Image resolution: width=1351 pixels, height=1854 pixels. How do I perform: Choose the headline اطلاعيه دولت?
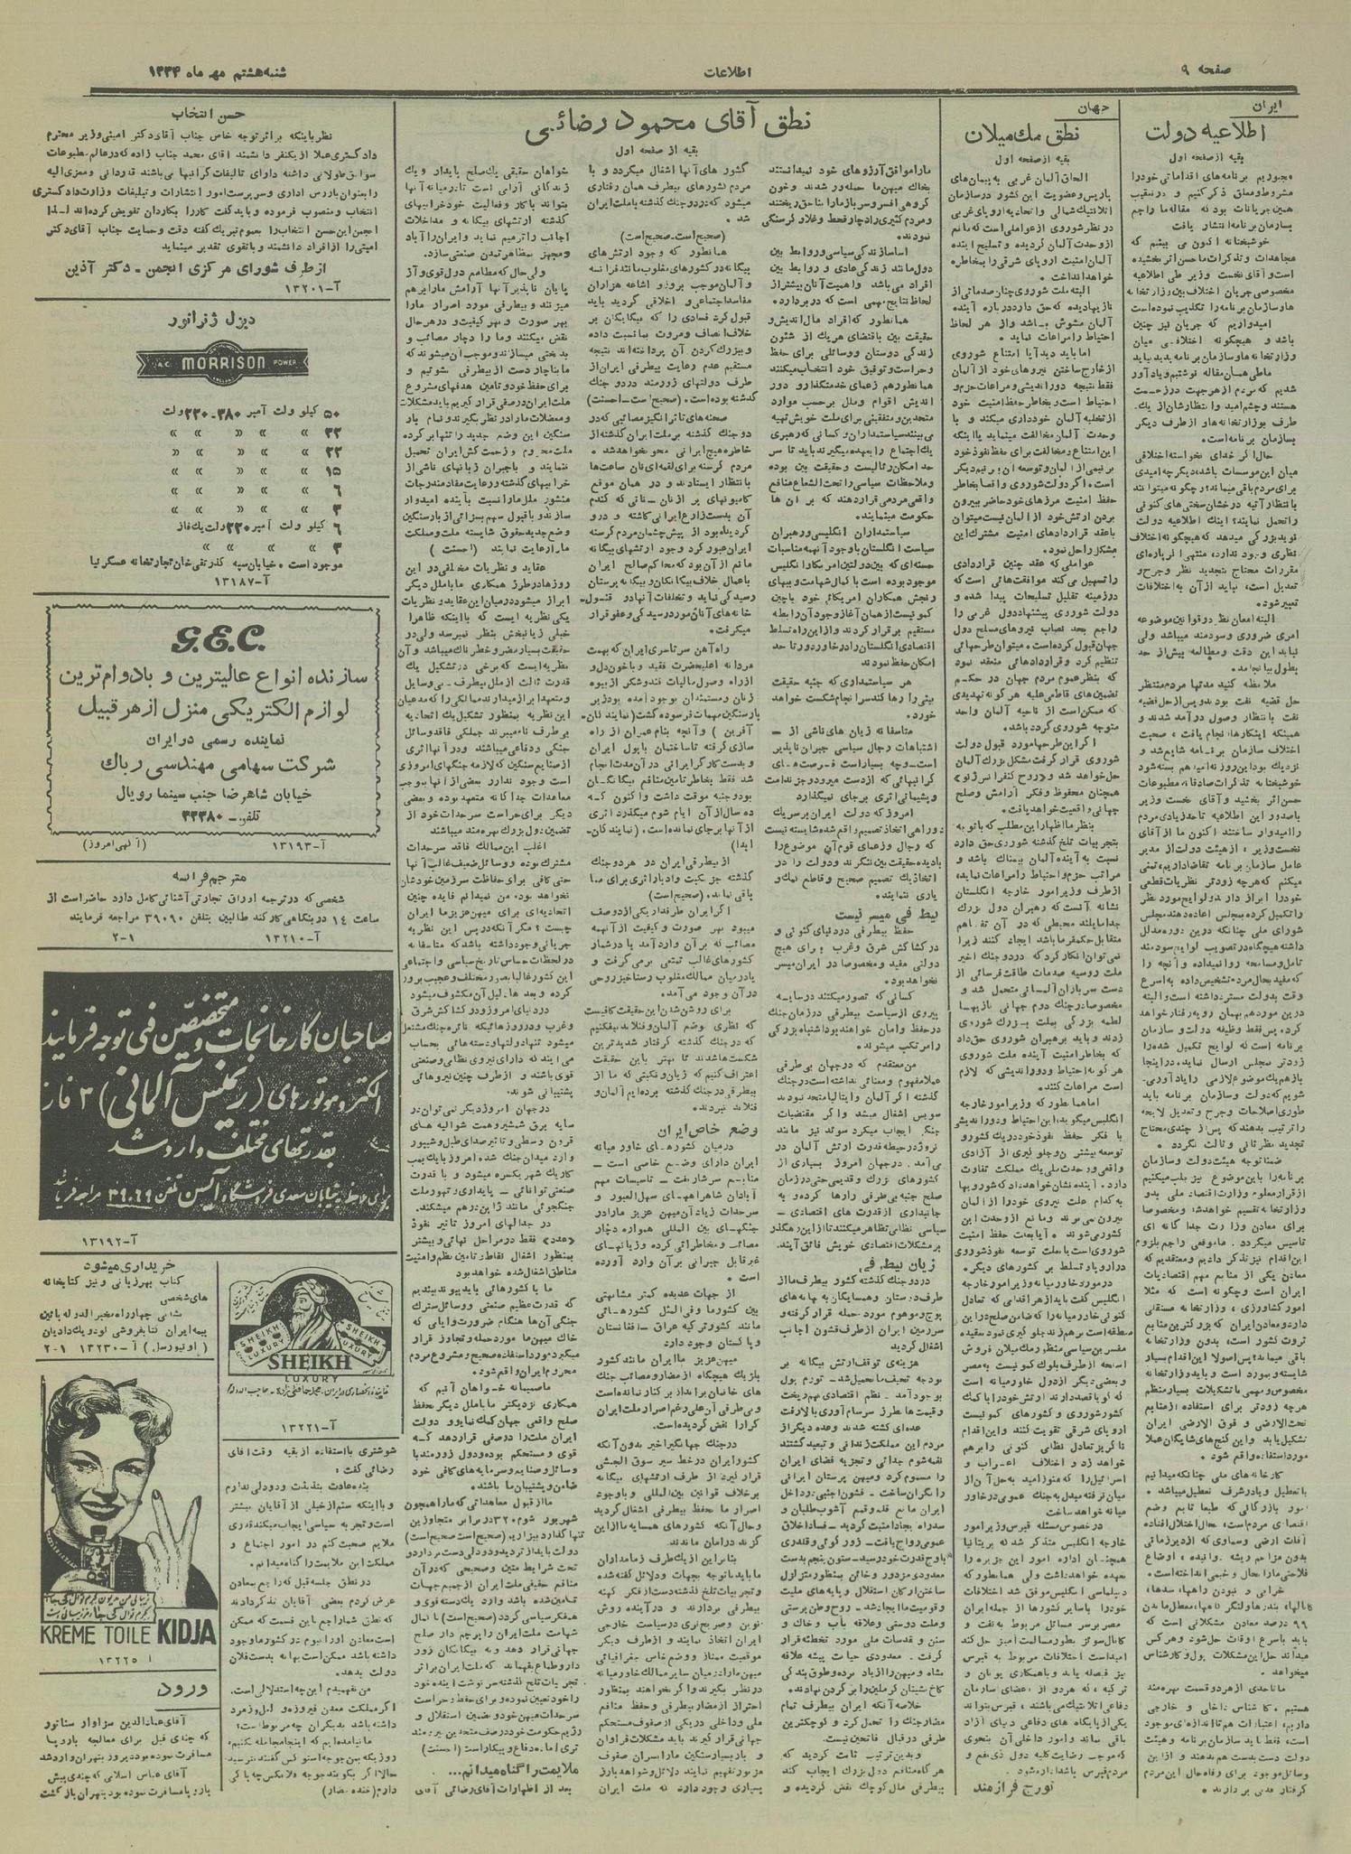[x=1206, y=135]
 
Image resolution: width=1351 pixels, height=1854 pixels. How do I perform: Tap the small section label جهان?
[x=1103, y=107]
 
